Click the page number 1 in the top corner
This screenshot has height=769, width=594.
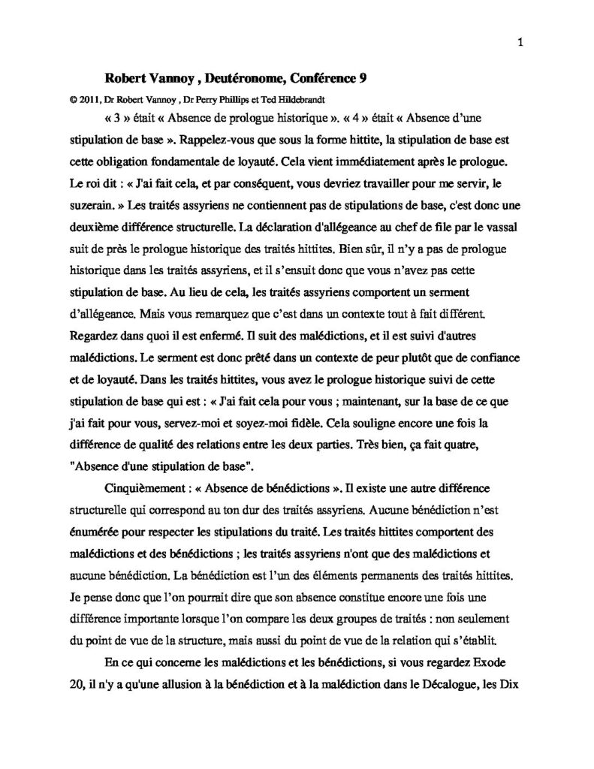pos(520,43)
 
